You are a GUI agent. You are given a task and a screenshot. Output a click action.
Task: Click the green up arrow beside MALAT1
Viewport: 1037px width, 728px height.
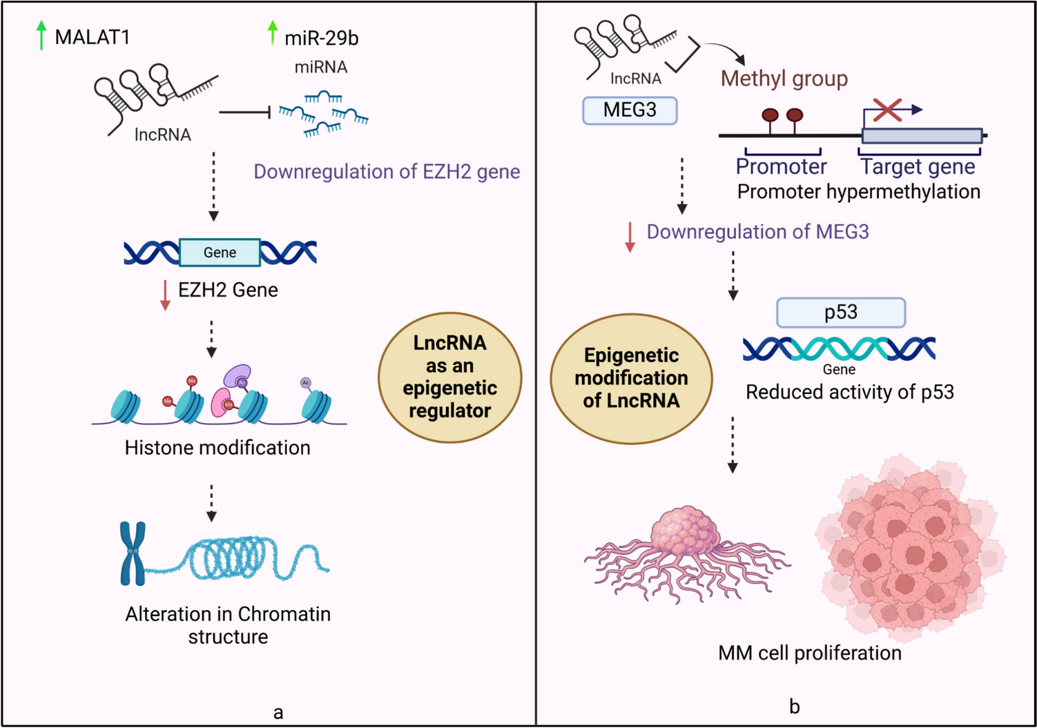click(x=41, y=35)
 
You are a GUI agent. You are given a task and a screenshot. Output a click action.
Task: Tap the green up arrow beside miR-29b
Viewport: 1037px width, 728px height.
click(x=273, y=33)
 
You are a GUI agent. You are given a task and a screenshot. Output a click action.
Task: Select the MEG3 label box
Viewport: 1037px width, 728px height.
click(x=630, y=110)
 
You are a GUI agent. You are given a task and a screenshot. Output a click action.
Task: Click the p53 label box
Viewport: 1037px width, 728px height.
click(x=840, y=313)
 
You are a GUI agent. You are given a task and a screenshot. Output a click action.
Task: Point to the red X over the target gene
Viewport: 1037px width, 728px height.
click(x=887, y=109)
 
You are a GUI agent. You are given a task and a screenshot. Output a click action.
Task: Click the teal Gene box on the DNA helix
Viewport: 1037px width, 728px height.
click(x=220, y=253)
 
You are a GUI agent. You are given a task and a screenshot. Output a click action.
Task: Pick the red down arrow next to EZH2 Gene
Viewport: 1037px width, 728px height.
click(x=165, y=295)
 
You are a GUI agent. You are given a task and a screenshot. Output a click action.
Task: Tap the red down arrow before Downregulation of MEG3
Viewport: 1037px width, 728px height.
click(x=630, y=237)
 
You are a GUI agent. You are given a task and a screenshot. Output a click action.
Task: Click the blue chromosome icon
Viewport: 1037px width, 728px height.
click(x=133, y=553)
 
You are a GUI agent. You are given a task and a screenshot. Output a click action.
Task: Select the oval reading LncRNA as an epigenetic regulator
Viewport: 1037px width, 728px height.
click(x=449, y=377)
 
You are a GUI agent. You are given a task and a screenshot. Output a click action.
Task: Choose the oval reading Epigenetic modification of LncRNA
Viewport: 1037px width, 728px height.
click(x=631, y=378)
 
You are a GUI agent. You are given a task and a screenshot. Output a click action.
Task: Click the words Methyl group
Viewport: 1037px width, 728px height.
click(x=784, y=79)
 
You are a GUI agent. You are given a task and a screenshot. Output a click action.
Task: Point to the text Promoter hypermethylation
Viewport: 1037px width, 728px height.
click(x=858, y=191)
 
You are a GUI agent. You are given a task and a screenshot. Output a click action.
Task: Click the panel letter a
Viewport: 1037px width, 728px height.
click(x=278, y=713)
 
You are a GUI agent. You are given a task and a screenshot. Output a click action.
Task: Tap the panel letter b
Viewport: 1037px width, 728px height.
click(x=794, y=707)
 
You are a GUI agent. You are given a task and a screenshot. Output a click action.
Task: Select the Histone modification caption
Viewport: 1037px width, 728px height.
click(x=217, y=448)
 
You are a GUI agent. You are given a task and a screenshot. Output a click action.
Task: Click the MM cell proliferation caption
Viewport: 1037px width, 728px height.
click(x=809, y=653)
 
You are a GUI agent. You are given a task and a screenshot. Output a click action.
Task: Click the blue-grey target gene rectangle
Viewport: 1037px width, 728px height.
click(x=922, y=135)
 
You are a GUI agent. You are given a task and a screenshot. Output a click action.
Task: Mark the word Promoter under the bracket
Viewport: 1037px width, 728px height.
click(x=781, y=166)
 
